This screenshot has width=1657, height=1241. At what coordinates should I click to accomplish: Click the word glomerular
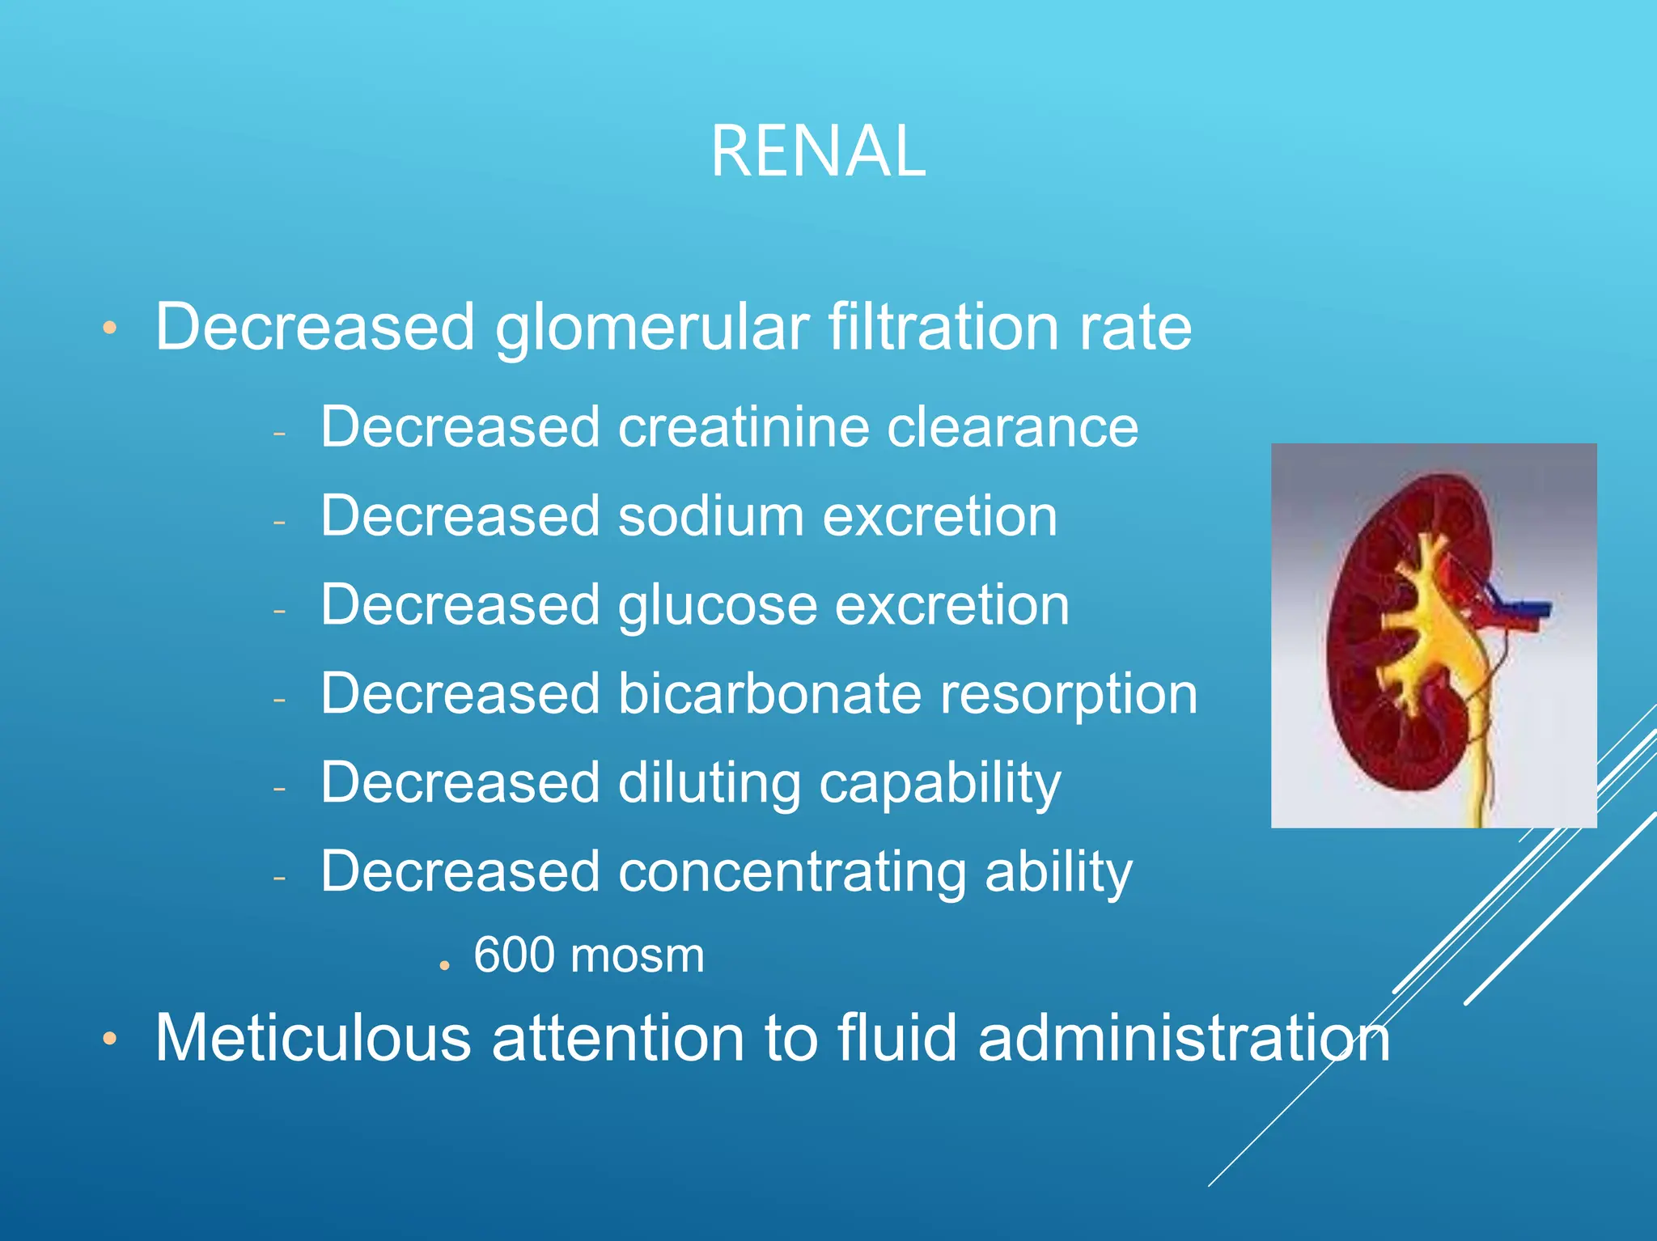coord(652,328)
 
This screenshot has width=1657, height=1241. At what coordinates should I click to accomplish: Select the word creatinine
coord(743,427)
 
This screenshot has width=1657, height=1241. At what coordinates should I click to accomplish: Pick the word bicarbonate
coord(769,694)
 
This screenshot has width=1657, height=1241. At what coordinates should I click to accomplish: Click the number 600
coord(514,955)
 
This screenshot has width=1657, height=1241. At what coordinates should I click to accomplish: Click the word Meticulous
coord(313,1038)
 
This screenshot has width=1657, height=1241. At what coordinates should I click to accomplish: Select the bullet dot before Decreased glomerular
coord(110,328)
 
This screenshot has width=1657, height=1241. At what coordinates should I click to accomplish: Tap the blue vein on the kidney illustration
coord(1525,608)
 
